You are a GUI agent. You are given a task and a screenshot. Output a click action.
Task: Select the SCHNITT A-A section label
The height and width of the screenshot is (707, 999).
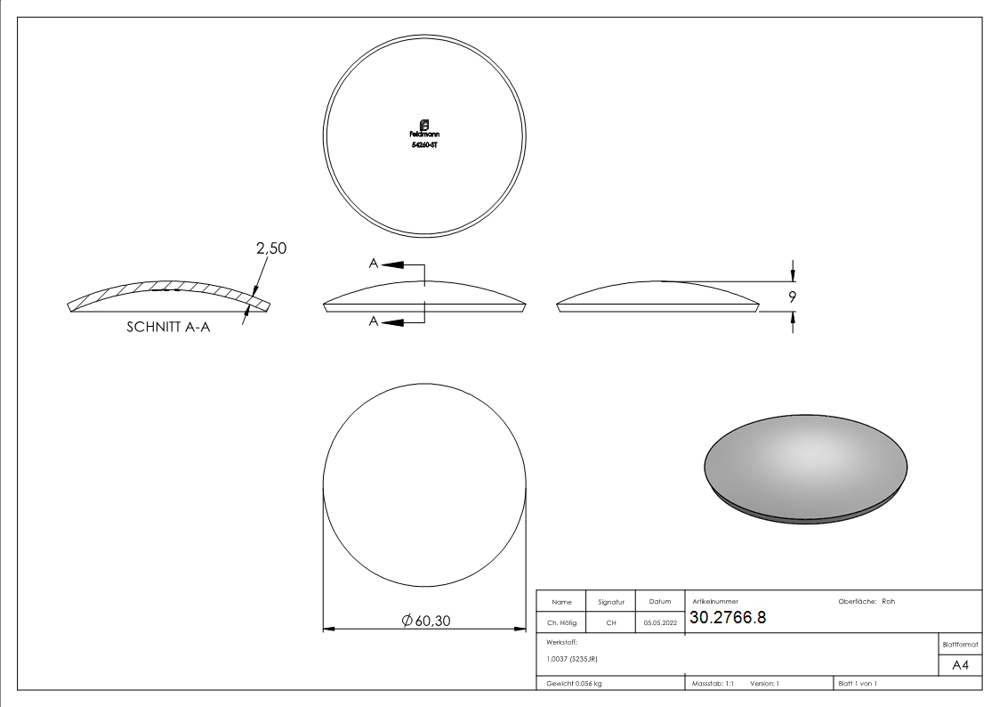tap(169, 327)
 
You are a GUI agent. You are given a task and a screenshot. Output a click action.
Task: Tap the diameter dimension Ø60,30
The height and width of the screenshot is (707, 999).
tap(426, 622)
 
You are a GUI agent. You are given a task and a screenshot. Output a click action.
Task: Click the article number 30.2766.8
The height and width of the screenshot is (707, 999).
tap(728, 618)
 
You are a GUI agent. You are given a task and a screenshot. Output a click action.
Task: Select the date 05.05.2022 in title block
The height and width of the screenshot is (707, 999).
tap(660, 622)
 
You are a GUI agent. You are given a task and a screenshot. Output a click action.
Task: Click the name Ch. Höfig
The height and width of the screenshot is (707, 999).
tap(561, 622)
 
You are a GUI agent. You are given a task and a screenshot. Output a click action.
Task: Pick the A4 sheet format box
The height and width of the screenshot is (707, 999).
tap(960, 665)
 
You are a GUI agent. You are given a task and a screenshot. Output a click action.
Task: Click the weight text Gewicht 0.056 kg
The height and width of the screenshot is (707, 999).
tap(568, 683)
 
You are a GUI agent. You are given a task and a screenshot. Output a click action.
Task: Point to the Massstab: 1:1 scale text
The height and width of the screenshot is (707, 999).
tap(713, 683)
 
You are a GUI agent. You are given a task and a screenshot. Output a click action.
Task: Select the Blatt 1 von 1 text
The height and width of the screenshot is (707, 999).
tap(857, 683)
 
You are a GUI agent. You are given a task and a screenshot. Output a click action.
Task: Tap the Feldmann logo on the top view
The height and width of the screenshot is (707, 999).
tap(424, 127)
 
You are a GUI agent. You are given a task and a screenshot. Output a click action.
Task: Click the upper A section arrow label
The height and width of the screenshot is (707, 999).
tap(375, 264)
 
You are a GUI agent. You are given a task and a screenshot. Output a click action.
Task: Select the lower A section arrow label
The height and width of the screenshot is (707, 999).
tap(375, 321)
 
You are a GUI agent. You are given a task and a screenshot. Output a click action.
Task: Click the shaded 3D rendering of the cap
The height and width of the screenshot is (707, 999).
tap(806, 468)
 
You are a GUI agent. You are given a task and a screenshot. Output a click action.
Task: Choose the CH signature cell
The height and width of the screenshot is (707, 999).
tap(611, 622)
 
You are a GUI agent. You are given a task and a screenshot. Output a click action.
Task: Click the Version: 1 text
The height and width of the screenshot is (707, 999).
tap(765, 683)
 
